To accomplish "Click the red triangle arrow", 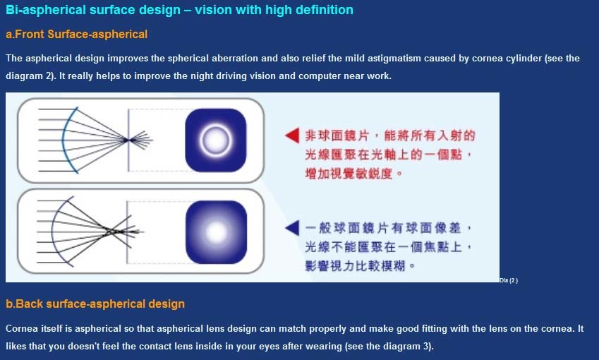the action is click(x=294, y=136).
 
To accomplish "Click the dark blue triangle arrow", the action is click(x=294, y=228).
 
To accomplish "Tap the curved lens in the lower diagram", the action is click(x=53, y=232).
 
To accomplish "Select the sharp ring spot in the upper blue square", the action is click(x=216, y=140).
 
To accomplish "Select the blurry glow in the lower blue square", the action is click(x=216, y=232).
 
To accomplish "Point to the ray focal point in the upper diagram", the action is click(x=126, y=140).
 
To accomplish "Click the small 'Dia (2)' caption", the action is click(x=509, y=280).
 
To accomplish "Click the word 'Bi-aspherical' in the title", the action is click(x=46, y=10).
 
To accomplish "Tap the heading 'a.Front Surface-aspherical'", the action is click(x=76, y=35).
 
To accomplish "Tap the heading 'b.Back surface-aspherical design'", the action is click(x=95, y=304).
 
